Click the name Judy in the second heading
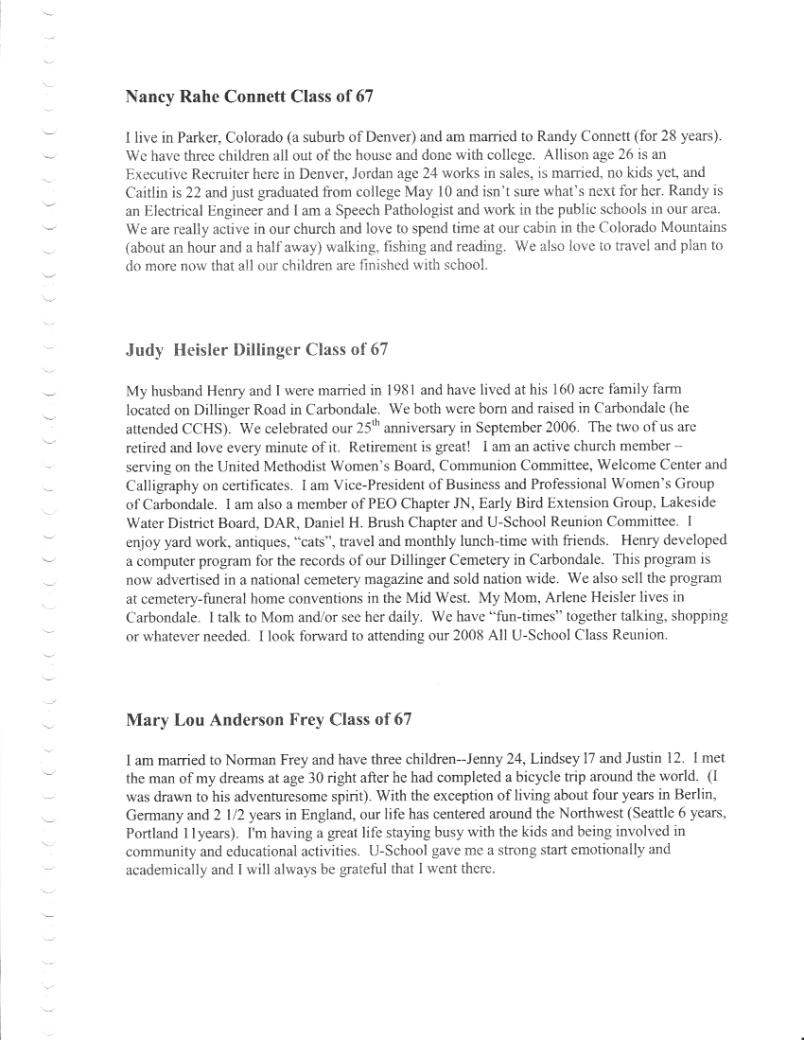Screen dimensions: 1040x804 pos(145,349)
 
